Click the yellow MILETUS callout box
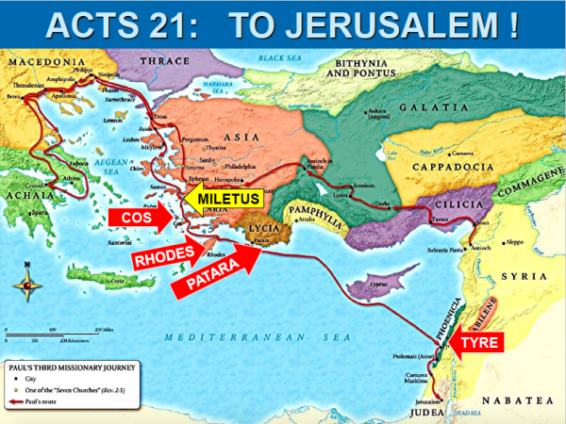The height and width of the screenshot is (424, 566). [x=225, y=199]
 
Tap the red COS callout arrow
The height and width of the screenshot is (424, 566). [x=140, y=217]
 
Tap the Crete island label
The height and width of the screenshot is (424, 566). [x=118, y=281]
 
